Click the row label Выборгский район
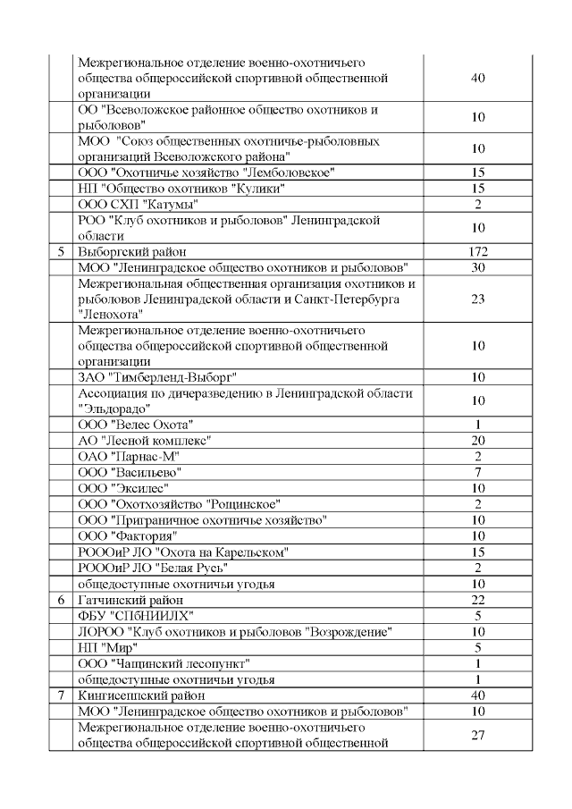pos(131,252)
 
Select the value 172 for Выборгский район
pos(477,252)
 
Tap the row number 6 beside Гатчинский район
pos(61,599)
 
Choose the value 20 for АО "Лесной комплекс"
pos(477,440)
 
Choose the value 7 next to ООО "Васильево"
pos(477,471)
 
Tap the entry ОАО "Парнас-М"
pos(130,456)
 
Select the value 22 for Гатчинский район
pos(477,599)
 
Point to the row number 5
pos(61,252)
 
